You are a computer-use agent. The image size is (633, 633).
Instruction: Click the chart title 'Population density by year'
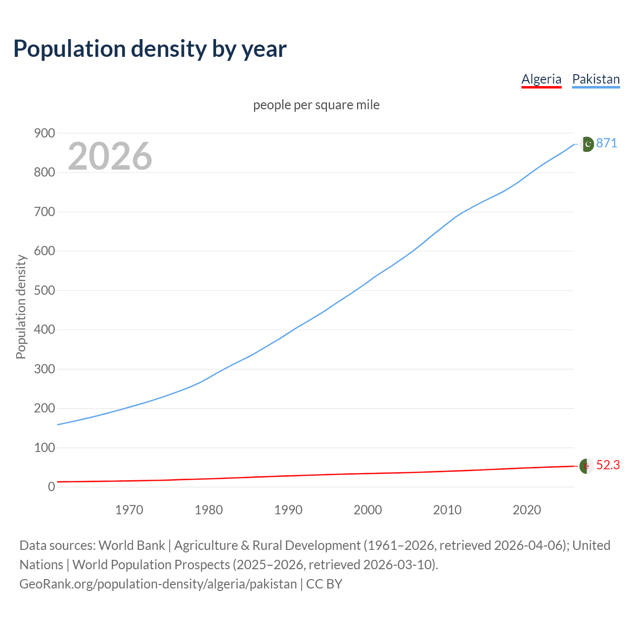coord(150,49)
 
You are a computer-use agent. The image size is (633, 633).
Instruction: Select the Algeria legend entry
coord(542,79)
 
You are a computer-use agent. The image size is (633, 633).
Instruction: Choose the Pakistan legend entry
coord(596,79)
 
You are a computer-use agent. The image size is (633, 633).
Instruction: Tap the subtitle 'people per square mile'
coord(316,105)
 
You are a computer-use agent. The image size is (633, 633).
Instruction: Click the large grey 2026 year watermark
coord(110,156)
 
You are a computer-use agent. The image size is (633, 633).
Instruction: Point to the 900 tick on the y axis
coord(45,133)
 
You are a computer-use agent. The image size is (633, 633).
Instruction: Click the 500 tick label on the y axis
coord(45,290)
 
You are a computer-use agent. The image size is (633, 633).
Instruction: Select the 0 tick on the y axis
coord(51,487)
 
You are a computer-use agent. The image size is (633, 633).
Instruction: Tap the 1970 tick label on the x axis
coord(129,510)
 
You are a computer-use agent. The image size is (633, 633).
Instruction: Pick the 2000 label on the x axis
coord(367,510)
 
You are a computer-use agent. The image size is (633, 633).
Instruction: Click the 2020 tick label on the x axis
coord(527,510)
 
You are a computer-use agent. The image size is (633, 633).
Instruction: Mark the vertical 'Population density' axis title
coord(21,307)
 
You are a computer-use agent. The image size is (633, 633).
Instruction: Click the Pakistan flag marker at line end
coord(587,144)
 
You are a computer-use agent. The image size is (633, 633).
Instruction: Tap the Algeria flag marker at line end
coord(587,466)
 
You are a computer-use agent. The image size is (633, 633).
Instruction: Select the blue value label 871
coord(607,143)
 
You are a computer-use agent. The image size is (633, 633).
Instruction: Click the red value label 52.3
coord(608,465)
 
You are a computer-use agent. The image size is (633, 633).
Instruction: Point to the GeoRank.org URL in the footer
coord(158,584)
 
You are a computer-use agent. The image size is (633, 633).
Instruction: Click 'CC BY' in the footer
coord(324,584)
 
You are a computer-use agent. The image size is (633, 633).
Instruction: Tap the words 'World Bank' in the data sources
coord(132,545)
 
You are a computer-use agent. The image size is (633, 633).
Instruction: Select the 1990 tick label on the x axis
coord(288,510)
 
